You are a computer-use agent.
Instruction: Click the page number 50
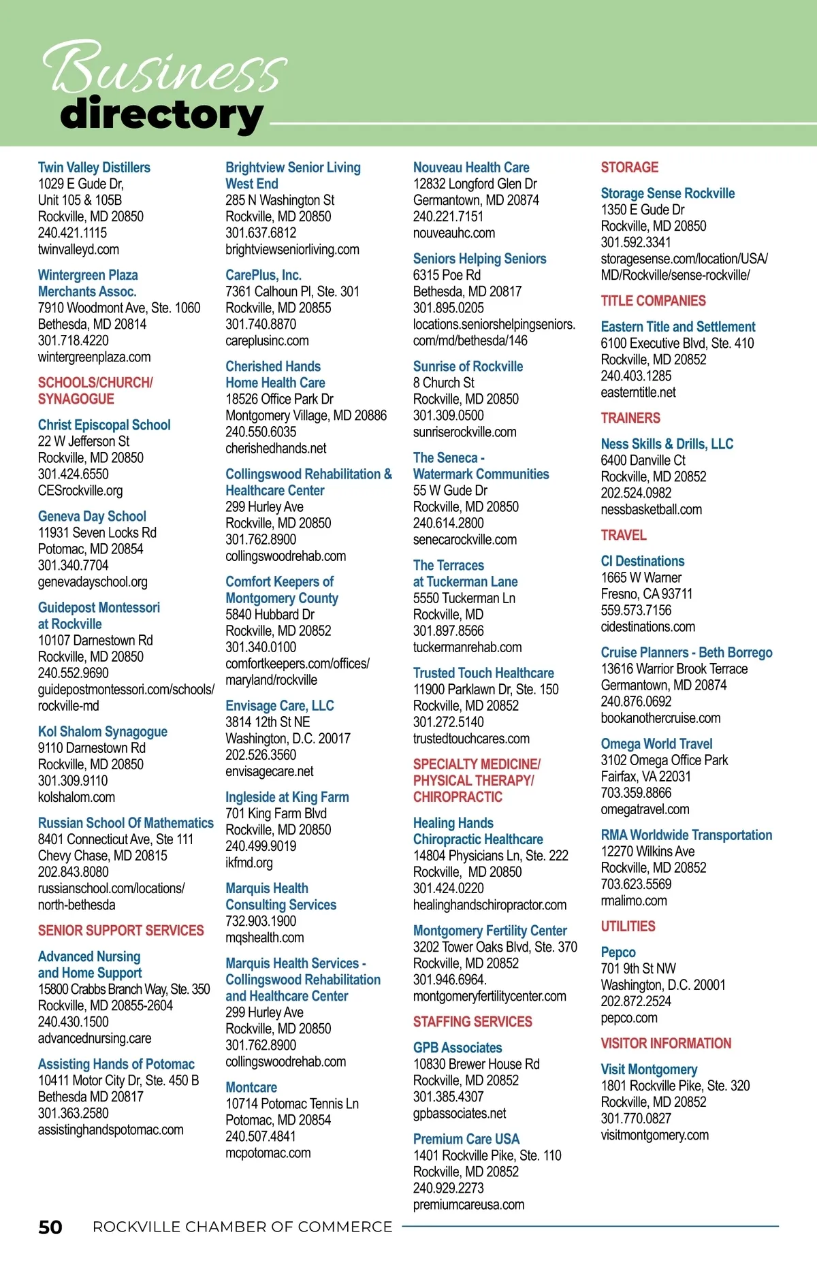(50, 1227)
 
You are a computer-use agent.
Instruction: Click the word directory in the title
(161, 115)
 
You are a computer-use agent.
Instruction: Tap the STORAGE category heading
(629, 167)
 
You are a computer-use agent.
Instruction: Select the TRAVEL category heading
(623, 535)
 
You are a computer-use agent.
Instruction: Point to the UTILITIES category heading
(628, 926)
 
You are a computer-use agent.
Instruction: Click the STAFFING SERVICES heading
(472, 1022)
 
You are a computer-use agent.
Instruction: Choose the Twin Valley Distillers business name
(94, 167)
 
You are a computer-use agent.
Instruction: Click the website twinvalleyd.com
(78, 249)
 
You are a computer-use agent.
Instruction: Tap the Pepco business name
(618, 952)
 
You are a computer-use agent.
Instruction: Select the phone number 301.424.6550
(73, 474)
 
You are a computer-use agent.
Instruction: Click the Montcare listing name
(251, 1087)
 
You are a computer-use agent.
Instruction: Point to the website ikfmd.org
(249, 863)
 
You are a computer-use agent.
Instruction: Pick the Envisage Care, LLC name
(280, 706)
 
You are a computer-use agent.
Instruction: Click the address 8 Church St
(443, 383)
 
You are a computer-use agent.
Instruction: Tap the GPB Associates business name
(458, 1048)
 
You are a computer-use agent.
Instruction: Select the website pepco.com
(628, 1018)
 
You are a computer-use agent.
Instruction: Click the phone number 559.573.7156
(635, 610)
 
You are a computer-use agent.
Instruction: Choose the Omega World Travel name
(656, 744)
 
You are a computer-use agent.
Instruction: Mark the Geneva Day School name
(92, 517)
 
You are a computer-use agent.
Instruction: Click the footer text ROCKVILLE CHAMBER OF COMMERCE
(242, 1227)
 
